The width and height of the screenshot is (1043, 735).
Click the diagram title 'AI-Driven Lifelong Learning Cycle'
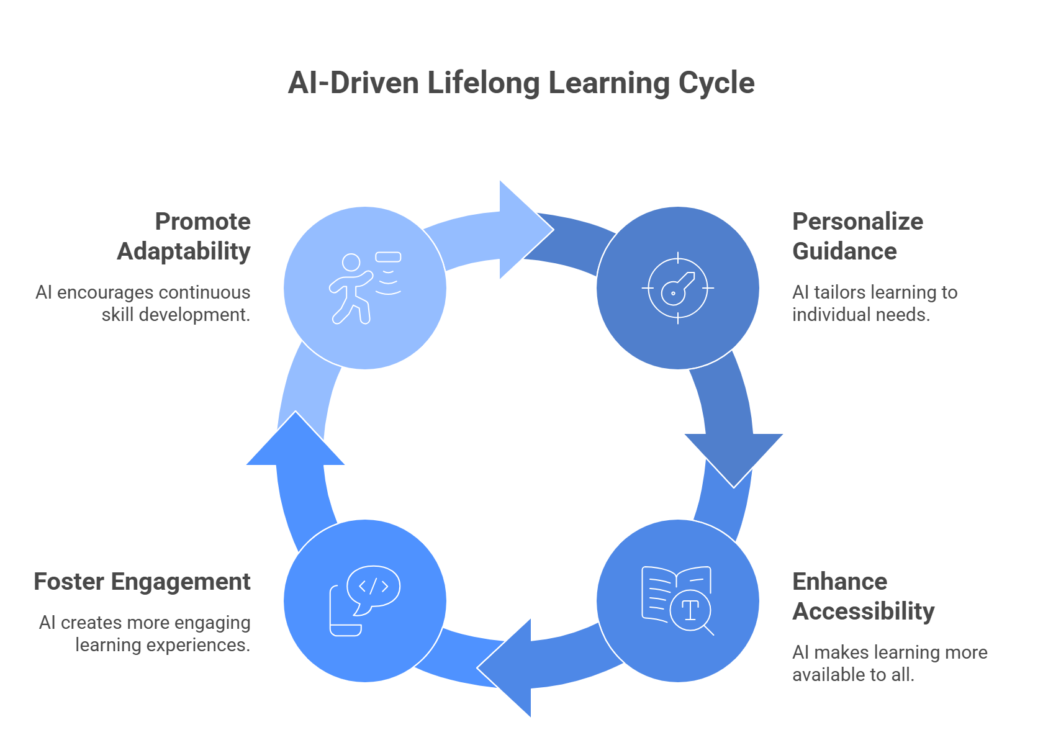(x=521, y=83)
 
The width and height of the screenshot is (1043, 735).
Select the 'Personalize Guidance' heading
(x=857, y=237)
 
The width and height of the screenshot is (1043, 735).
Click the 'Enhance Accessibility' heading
(x=863, y=597)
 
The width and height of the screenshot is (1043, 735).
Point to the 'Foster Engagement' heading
(x=142, y=582)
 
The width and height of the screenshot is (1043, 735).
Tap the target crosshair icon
(x=677, y=288)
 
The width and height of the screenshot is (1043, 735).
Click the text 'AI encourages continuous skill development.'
(x=143, y=304)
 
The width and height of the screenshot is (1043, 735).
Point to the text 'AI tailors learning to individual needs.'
(x=874, y=304)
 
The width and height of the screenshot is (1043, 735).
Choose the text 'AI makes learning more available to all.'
(x=889, y=664)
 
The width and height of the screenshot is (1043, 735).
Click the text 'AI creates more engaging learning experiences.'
(x=145, y=634)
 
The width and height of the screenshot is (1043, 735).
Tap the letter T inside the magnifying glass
(x=690, y=610)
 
